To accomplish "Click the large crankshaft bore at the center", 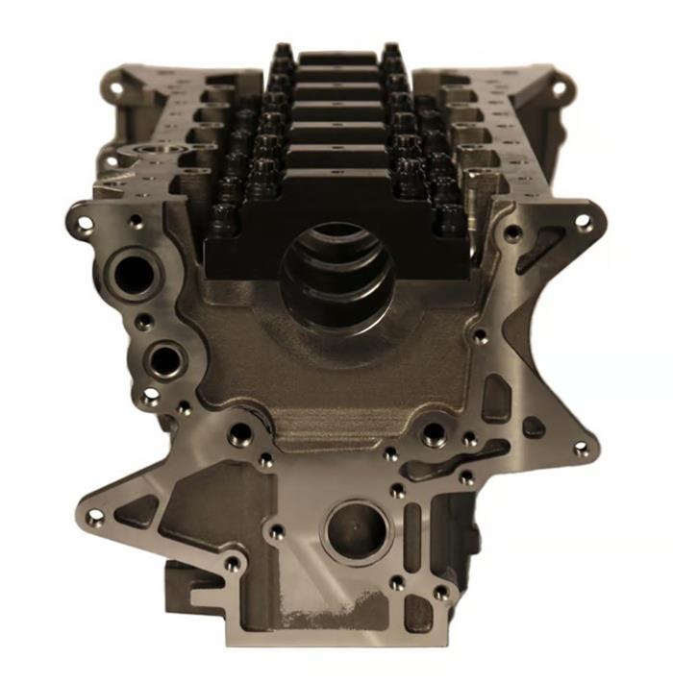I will click(336, 264).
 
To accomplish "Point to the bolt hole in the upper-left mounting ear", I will click(85, 223).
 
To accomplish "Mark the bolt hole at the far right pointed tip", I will click(580, 448).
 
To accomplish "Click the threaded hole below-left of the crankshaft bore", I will click(238, 437).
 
